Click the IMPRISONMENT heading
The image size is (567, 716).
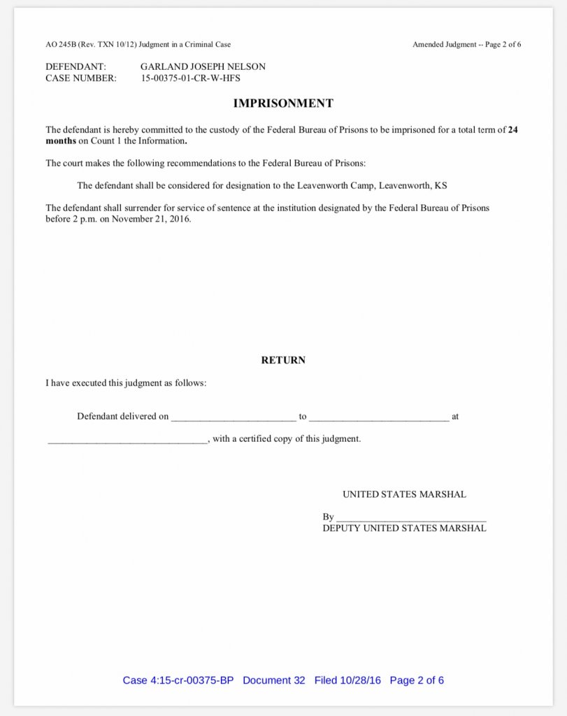click(283, 103)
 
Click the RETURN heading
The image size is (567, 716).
click(283, 361)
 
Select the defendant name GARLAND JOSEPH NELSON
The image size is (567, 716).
click(203, 67)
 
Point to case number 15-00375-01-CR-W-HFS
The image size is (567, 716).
click(190, 78)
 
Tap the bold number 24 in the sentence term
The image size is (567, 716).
click(512, 130)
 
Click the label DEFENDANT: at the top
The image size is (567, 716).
click(76, 67)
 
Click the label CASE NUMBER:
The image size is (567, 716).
click(81, 78)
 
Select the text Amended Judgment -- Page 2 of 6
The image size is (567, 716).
click(466, 45)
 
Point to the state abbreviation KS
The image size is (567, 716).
click(440, 186)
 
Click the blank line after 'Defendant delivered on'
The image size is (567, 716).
click(234, 418)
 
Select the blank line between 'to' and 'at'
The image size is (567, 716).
click(378, 418)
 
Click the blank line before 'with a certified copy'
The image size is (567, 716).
click(127, 441)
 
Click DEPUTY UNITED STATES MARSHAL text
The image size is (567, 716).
click(404, 529)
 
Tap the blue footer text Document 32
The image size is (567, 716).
click(274, 680)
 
